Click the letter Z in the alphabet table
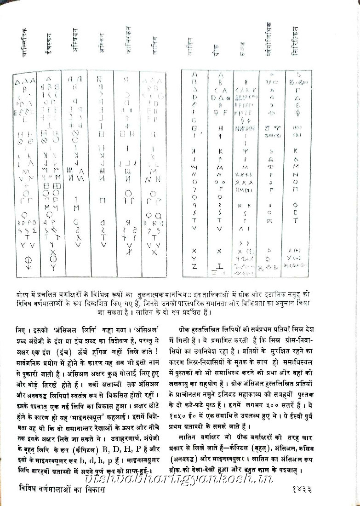[194, 266]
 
